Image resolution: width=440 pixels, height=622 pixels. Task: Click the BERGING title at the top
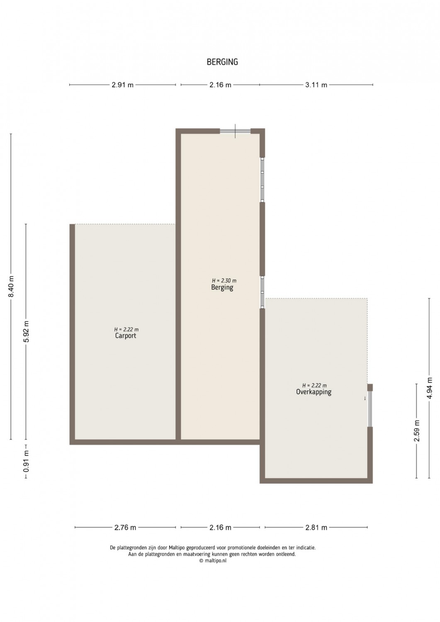click(x=222, y=62)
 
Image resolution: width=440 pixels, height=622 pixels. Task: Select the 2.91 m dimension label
click(x=122, y=85)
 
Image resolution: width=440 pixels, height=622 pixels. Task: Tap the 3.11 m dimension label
click(x=316, y=85)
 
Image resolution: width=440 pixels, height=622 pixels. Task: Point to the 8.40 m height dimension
click(x=11, y=286)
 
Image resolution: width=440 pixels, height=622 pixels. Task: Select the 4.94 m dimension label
click(x=430, y=388)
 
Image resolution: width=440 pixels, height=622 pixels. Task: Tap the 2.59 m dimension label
click(x=417, y=431)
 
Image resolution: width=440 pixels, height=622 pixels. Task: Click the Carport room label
click(x=126, y=336)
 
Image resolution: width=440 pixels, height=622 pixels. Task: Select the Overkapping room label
click(x=314, y=392)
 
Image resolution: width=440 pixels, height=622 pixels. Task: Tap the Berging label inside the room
click(x=222, y=287)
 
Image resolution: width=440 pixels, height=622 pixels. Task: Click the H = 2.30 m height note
click(x=224, y=281)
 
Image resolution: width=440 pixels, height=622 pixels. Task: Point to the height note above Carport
click(x=126, y=330)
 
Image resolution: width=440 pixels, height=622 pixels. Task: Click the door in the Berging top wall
click(x=235, y=131)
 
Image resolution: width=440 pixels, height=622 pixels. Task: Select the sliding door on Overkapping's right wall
click(x=370, y=408)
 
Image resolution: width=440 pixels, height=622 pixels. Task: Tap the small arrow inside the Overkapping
click(x=365, y=398)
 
